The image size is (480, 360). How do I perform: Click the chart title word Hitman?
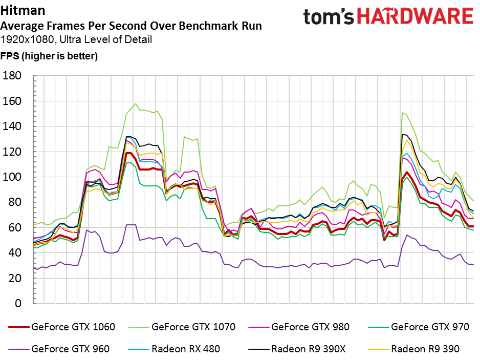pos(23,10)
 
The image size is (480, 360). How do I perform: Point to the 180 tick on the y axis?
pos(12,75)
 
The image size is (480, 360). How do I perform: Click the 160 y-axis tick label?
pos(12,101)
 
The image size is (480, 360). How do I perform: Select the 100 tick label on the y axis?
pos(12,177)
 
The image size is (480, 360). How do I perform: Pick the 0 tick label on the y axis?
pos(18,303)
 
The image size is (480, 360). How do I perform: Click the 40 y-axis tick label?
pos(15,253)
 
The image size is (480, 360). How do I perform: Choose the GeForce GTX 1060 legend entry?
pos(61,327)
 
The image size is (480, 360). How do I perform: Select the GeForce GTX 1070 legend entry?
pos(182,327)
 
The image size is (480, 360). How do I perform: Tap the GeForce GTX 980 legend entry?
pos(299,327)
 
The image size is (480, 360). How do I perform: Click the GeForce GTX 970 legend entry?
pos(419,327)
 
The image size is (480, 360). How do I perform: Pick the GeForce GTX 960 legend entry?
pos(59,349)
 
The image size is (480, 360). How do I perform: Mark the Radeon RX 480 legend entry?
pos(174,349)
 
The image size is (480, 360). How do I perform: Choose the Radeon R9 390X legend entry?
pos(297,349)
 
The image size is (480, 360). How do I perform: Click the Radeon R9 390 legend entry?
pos(413,349)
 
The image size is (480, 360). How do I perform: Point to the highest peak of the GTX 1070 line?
pos(136,103)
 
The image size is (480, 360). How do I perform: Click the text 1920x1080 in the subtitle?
pos(28,39)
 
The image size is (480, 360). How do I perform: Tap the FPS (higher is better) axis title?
pos(49,56)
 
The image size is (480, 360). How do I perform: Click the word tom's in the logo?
pos(329,17)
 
